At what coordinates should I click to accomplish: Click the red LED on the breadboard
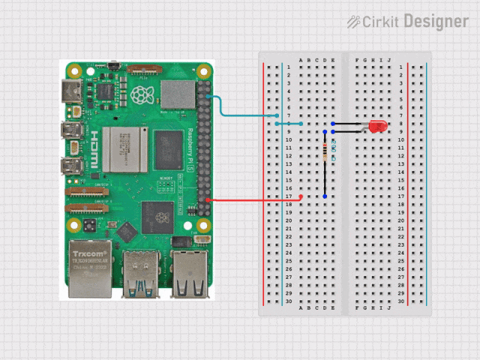(378, 127)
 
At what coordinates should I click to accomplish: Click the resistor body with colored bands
(325, 152)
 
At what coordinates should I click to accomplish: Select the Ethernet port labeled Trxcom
(89, 268)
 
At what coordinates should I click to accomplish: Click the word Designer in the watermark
(436, 22)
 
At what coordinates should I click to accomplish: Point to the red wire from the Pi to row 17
(255, 199)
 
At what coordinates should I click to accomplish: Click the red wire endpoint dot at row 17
(301, 196)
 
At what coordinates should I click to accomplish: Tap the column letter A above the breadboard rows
(301, 60)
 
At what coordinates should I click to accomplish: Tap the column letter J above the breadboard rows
(389, 60)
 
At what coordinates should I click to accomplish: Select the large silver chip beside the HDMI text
(121, 149)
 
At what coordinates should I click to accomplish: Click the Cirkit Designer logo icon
(353, 22)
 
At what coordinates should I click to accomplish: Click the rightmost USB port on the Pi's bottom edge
(189, 274)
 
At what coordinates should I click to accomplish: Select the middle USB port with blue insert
(141, 274)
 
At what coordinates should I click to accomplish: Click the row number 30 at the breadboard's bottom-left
(289, 301)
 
